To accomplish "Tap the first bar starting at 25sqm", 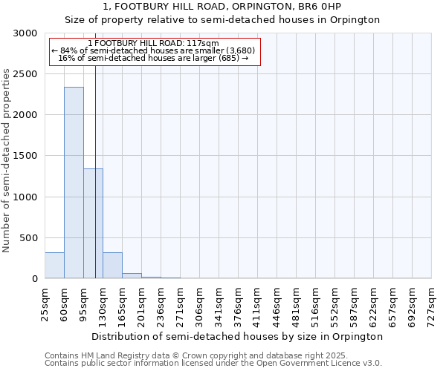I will click(54, 266).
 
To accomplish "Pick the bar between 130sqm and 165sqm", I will click(112, 266).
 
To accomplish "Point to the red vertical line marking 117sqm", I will click(96, 148).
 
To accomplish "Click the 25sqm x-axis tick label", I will click(45, 302).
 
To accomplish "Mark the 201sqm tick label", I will click(141, 304).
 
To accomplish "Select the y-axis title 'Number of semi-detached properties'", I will click(7, 160).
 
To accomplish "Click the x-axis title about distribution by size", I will click(238, 336).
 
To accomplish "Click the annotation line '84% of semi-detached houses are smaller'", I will click(154, 50).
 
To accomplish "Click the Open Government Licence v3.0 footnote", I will click(213, 364).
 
